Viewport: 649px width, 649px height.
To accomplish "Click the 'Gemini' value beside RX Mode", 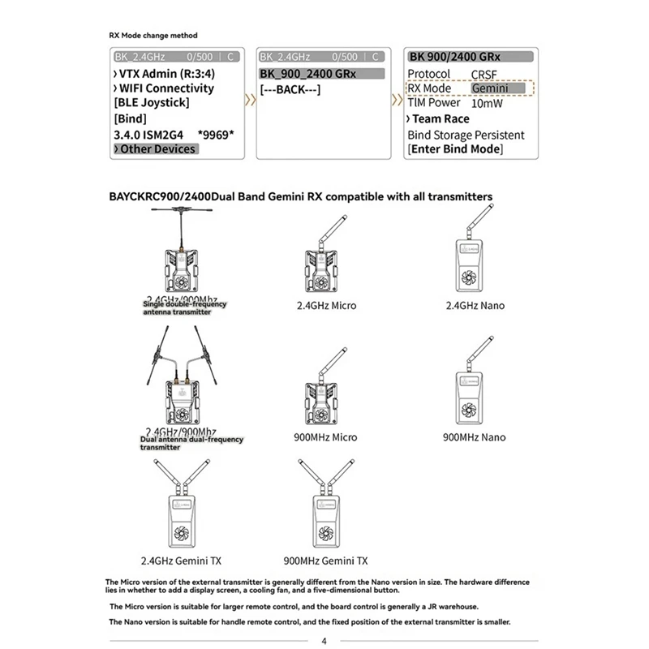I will click(490, 88).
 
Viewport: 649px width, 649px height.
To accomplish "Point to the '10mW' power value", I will click(487, 103).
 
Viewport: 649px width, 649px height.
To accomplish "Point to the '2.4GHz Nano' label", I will click(475, 306).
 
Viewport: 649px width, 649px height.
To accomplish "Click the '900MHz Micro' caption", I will click(325, 437).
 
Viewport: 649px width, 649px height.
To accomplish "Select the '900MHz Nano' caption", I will click(475, 437).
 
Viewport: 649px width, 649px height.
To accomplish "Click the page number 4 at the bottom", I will click(324, 640).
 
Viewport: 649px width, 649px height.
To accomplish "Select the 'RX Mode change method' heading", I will click(153, 36).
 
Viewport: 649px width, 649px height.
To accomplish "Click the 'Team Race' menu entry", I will click(441, 118).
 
